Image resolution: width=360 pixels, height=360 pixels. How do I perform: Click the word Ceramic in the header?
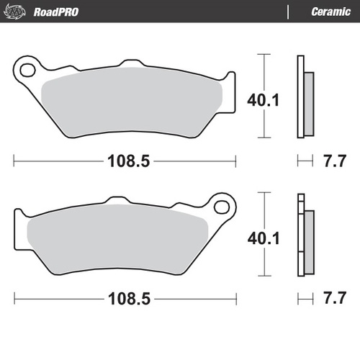coord(330,12)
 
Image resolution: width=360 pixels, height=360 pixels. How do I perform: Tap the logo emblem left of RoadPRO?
coord(19,12)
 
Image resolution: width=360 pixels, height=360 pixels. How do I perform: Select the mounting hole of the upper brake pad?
coord(29,71)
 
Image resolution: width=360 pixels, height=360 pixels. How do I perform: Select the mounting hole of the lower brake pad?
coord(222,207)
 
